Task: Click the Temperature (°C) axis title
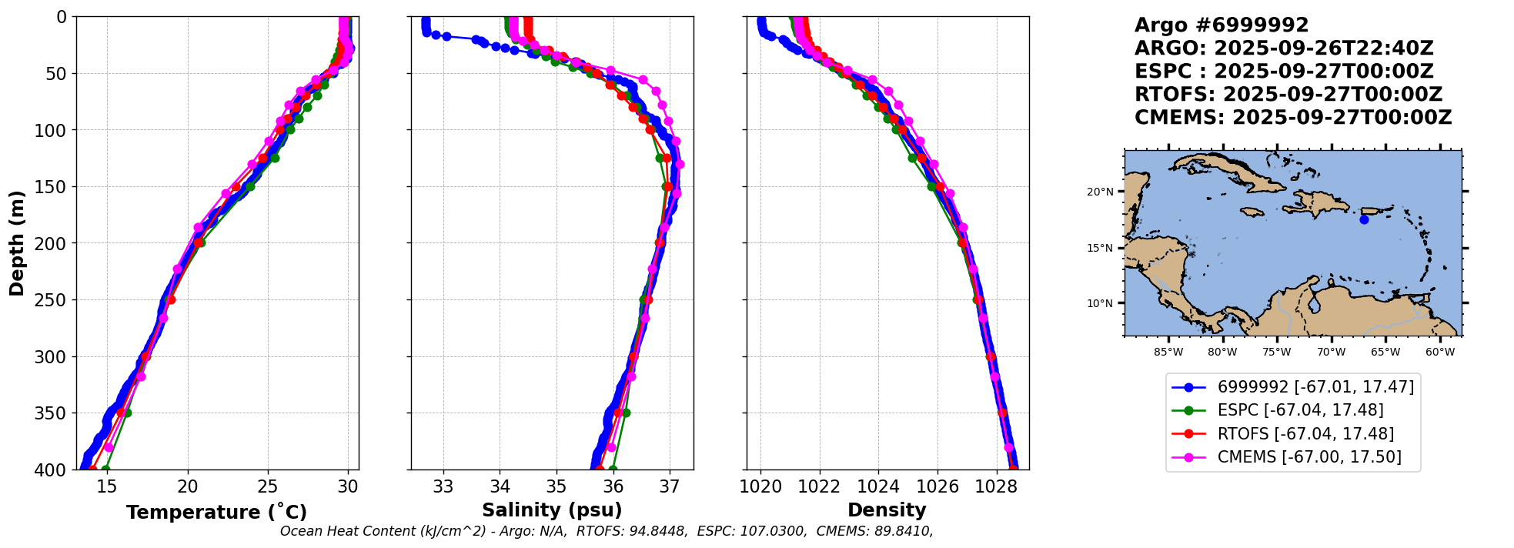click(x=216, y=513)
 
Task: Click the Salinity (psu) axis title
click(x=552, y=510)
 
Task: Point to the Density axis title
click(x=887, y=510)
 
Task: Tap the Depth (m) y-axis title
click(x=17, y=243)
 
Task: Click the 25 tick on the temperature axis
click(x=268, y=486)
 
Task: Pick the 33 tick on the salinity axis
click(x=443, y=486)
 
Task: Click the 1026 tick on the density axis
click(x=937, y=486)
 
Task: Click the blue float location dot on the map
click(x=1364, y=219)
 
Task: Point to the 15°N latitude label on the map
click(x=1100, y=248)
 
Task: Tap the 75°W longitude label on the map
click(x=1277, y=353)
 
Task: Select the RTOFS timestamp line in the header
click(x=1288, y=95)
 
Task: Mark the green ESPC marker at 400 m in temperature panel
click(x=106, y=469)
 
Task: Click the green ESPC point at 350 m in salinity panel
click(x=626, y=413)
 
